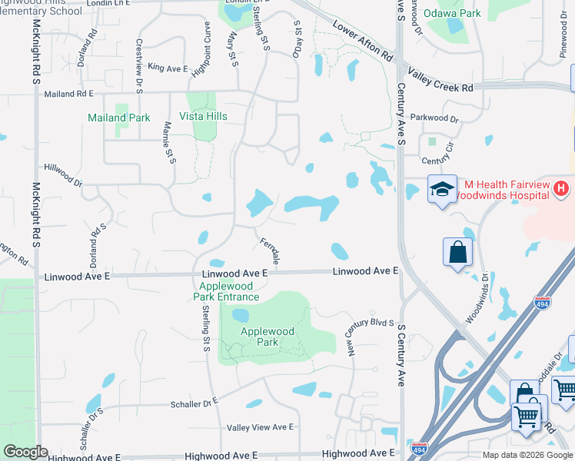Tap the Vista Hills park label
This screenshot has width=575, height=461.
(x=203, y=116)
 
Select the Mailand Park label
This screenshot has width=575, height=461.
(x=119, y=118)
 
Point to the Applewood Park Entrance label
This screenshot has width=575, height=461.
(x=224, y=291)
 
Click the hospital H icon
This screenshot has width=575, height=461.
(x=561, y=187)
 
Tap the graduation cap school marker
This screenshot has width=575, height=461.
(x=443, y=190)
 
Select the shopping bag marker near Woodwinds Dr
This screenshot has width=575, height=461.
(x=457, y=251)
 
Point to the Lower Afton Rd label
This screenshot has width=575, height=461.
(x=363, y=41)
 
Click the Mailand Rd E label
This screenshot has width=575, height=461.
(x=68, y=93)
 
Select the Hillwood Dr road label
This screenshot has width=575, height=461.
(x=64, y=174)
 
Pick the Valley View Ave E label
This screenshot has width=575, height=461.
(x=261, y=427)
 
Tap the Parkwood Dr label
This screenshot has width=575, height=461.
(x=434, y=119)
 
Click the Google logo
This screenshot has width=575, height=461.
(x=25, y=452)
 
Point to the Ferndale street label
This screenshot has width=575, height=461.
(x=270, y=251)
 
